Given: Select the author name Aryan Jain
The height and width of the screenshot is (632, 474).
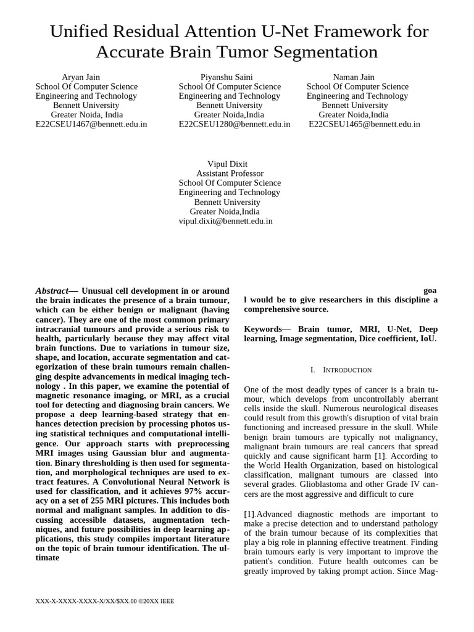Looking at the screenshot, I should [81, 77].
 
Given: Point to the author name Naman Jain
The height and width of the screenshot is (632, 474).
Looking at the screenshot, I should [354, 77].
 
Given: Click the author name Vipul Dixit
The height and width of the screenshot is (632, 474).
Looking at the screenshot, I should [227, 164].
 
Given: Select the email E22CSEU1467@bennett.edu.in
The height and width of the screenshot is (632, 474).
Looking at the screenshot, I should [91, 124].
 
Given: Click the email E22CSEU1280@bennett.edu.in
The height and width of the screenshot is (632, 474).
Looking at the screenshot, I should [235, 124].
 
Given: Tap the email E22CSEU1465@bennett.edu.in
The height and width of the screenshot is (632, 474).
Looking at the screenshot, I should [364, 124].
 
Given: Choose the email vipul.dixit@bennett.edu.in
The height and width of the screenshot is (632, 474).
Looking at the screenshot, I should [225, 221].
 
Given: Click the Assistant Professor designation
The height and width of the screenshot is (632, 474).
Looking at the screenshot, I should [230, 173].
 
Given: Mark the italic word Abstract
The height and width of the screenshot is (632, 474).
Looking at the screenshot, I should [52, 291].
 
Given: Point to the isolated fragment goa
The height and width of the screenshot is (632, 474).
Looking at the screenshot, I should [430, 290].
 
